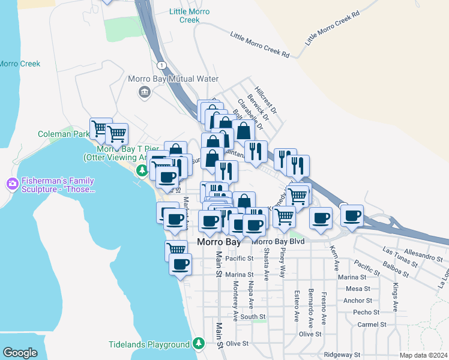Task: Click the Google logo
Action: click(x=20, y=353)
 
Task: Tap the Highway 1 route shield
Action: click(x=161, y=64)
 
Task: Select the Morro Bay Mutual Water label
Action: click(x=173, y=79)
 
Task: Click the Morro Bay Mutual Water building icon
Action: click(x=144, y=92)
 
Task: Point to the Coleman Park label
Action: click(x=63, y=134)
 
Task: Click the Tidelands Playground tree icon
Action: click(x=199, y=344)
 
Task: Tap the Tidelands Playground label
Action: click(x=149, y=345)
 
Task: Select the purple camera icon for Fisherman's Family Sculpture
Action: click(x=11, y=183)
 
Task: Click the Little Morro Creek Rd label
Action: click(x=260, y=46)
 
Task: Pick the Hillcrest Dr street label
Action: click(x=265, y=99)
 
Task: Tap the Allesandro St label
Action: click(x=423, y=256)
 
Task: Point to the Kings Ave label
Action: click(x=395, y=298)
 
